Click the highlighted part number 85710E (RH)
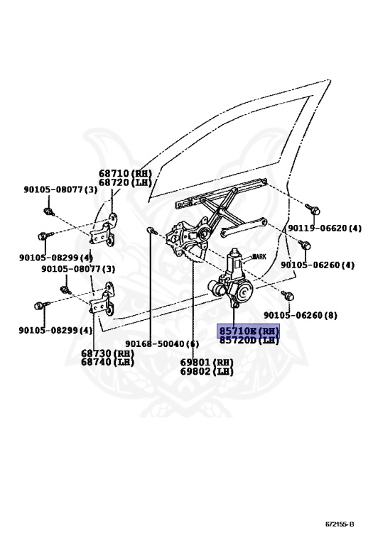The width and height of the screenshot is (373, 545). click(249, 331)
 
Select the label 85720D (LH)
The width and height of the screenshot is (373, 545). click(249, 340)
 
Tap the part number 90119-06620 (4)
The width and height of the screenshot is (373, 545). click(325, 229)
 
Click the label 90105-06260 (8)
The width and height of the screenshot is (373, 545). click(301, 315)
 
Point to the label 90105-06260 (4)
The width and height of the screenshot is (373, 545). click(318, 265)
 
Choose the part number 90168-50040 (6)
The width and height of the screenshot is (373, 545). click(162, 343)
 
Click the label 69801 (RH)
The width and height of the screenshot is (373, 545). click(207, 363)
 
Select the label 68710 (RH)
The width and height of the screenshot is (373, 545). click(125, 173)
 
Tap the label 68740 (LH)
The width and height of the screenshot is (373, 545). click(107, 362)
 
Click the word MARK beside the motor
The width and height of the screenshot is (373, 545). click(259, 257)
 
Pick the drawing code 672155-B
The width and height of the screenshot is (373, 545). click(340, 524)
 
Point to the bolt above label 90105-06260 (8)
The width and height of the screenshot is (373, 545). click(288, 295)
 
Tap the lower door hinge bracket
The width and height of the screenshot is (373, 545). click(104, 299)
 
